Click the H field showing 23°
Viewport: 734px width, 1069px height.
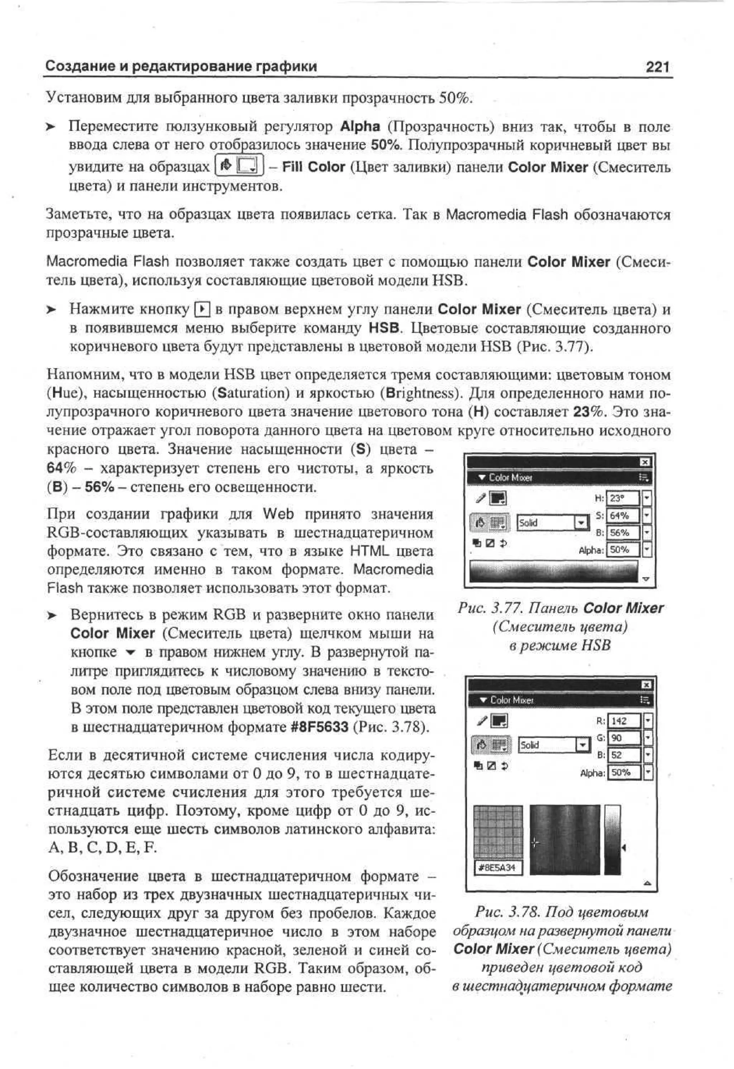point(623,498)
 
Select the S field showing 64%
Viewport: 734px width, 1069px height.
point(623,516)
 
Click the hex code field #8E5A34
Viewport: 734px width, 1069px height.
point(497,868)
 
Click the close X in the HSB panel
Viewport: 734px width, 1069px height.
point(645,462)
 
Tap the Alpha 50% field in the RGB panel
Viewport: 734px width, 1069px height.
point(624,773)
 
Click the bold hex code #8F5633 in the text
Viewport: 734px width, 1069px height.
point(320,727)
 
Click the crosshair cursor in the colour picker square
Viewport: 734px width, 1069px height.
point(534,843)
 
